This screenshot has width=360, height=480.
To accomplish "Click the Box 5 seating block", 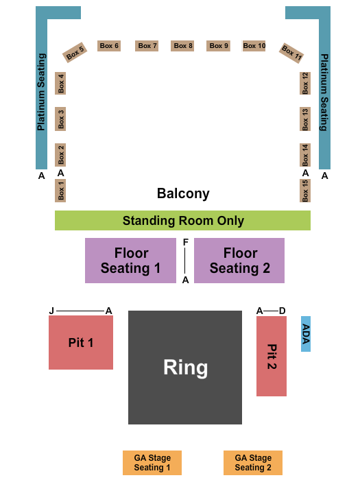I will (x=75, y=52).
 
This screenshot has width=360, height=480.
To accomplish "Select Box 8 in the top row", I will (x=183, y=46).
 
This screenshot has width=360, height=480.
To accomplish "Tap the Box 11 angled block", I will (x=291, y=53).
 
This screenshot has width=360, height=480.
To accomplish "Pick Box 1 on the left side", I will (x=61, y=191).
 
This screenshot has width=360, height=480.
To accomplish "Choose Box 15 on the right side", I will (x=305, y=191).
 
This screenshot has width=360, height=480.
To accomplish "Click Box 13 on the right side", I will (x=305, y=119).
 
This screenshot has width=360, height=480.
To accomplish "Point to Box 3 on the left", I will (x=61, y=119).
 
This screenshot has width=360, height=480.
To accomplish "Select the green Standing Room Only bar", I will (x=182, y=221).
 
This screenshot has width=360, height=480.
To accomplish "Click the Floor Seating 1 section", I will (x=130, y=261).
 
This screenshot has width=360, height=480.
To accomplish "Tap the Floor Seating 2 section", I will (x=239, y=261).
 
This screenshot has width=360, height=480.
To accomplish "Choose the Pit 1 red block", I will (x=81, y=342).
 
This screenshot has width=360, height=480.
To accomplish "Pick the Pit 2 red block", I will (x=272, y=356).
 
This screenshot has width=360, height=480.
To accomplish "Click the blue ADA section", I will (x=306, y=334).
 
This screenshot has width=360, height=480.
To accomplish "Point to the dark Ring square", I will (x=185, y=368).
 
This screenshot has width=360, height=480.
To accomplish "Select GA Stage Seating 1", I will (x=152, y=463).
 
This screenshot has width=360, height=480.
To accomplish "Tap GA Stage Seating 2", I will (x=253, y=463).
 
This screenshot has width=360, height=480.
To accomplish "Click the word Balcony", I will (x=183, y=193).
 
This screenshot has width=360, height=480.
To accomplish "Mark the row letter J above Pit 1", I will (x=51, y=311).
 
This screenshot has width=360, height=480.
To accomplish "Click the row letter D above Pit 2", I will (x=282, y=311).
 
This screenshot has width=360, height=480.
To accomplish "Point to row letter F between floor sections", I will (x=185, y=242).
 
